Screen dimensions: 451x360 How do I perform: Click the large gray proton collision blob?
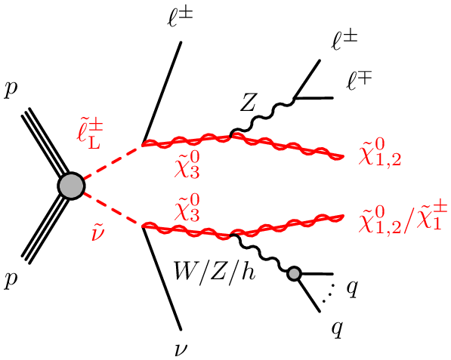[x=71, y=186]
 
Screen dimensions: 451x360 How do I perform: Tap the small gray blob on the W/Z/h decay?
[x=294, y=273]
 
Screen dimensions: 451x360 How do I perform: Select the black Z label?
[x=248, y=103]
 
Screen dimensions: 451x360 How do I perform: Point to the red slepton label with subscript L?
[x=89, y=136]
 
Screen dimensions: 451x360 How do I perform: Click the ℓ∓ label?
[x=360, y=81]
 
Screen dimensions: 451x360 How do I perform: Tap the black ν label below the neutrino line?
[x=181, y=350]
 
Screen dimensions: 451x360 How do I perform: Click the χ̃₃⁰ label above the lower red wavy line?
[x=187, y=208]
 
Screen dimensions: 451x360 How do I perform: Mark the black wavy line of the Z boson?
[x=262, y=116]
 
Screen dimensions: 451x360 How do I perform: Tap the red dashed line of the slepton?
[x=112, y=162]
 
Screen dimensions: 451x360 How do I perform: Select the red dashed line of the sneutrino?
[x=112, y=210]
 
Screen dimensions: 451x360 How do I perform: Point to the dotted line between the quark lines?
[x=329, y=293]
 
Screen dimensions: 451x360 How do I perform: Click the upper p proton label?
[x=11, y=91]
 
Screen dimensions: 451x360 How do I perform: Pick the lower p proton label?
[x=11, y=280]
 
